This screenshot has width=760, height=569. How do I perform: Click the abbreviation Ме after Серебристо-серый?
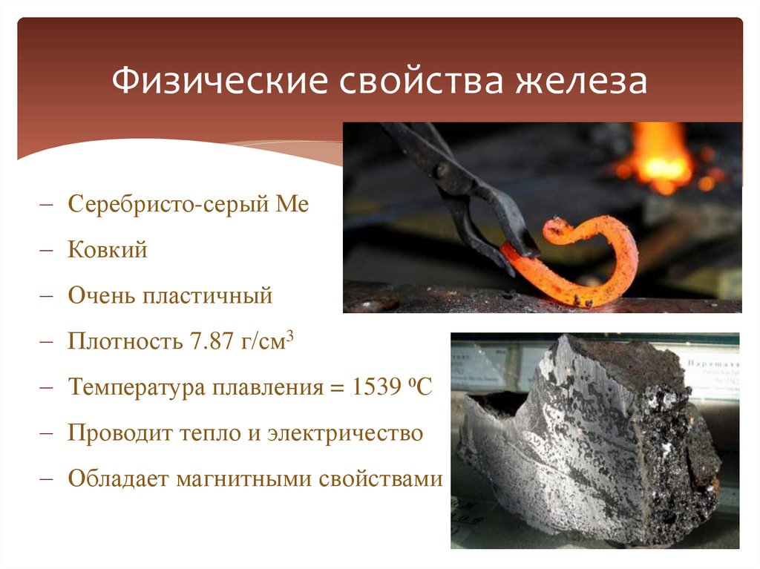click(x=292, y=204)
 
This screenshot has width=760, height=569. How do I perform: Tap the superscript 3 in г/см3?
click(x=292, y=335)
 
